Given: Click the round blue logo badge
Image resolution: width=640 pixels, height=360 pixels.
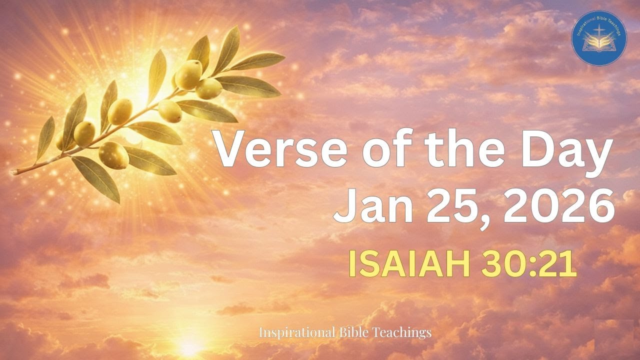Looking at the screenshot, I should coord(599,38).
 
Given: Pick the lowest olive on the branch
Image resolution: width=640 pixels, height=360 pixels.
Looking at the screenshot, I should coord(114,155).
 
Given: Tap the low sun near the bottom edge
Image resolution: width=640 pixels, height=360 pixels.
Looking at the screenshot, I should coord(190,345).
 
